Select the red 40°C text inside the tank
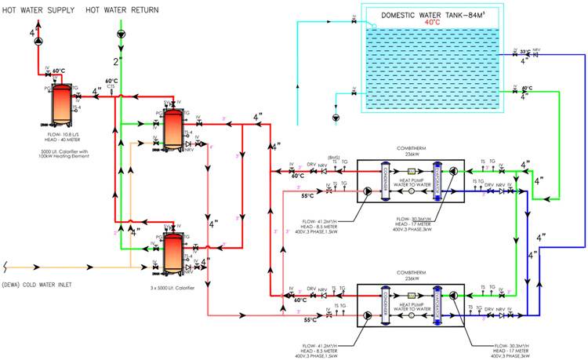pos(432,23)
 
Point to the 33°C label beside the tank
pos(524,52)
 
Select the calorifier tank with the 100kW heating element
pos(60,104)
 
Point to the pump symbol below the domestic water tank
pos(336,118)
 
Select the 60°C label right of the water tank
pos(526,89)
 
